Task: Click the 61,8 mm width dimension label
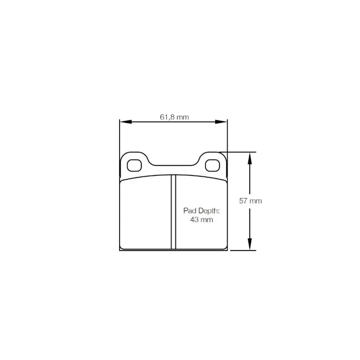(174, 117)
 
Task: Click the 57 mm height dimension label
(251, 201)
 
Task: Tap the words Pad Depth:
(201, 211)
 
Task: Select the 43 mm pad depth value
(201, 220)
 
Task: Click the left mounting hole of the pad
(135, 165)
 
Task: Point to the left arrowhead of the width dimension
(125, 122)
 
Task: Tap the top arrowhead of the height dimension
(249, 157)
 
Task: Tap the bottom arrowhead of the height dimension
(249, 246)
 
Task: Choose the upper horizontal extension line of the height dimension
(239, 152)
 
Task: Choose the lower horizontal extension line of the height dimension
(243, 250)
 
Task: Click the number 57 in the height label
(243, 201)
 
